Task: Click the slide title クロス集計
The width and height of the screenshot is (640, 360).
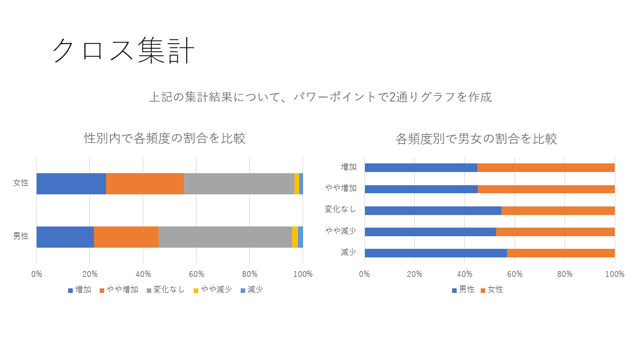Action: point(123,50)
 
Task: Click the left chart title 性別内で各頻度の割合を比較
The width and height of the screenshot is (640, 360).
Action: point(165,138)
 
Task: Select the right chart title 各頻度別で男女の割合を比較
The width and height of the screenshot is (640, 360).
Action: point(476,139)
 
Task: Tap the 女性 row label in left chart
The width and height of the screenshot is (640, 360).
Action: point(21,183)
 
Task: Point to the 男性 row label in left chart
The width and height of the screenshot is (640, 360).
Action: point(21,236)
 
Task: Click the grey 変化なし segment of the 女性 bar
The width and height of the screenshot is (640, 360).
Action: point(239,183)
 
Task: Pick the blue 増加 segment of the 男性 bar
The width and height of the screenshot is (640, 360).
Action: point(65,237)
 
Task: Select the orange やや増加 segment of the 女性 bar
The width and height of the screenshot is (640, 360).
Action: point(145,183)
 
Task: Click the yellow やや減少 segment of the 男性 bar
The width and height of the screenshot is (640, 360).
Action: point(295,237)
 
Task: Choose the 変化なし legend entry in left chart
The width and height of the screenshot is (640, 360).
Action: point(166,289)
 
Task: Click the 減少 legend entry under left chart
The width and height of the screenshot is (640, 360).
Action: point(252,289)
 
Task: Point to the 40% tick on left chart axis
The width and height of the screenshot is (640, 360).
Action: point(143,274)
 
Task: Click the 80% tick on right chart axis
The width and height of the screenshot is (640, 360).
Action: point(565,274)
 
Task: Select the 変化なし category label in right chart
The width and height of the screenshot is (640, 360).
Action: point(340,209)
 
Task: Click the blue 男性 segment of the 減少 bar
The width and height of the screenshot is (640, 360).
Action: point(435,253)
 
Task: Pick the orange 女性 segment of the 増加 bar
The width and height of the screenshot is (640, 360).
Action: point(546,167)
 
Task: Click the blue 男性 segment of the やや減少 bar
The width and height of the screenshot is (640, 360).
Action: point(430,232)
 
